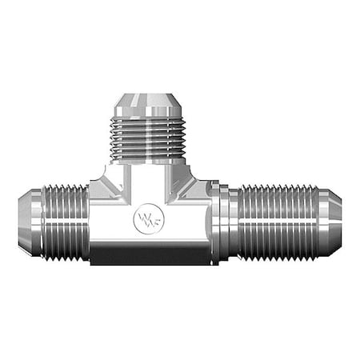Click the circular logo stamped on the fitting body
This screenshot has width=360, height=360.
[149, 219]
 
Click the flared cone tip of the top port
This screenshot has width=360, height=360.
[150, 106]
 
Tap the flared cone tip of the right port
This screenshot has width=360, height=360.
[330, 222]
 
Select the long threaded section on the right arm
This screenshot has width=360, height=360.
[280, 222]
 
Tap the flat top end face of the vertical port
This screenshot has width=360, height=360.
[150, 95]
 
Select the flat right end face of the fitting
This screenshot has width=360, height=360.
[341, 222]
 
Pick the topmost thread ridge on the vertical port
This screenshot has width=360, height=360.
[150, 122]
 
